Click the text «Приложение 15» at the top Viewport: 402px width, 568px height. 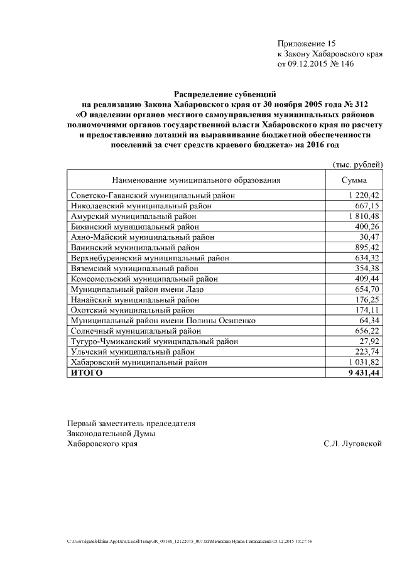click(x=307, y=43)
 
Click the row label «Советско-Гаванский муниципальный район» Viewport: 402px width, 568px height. click(x=153, y=196)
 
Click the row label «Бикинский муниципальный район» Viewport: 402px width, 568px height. click(x=134, y=226)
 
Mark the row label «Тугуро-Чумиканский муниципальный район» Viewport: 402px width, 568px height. click(x=154, y=341)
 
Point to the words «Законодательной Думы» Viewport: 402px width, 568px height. click(x=111, y=433)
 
